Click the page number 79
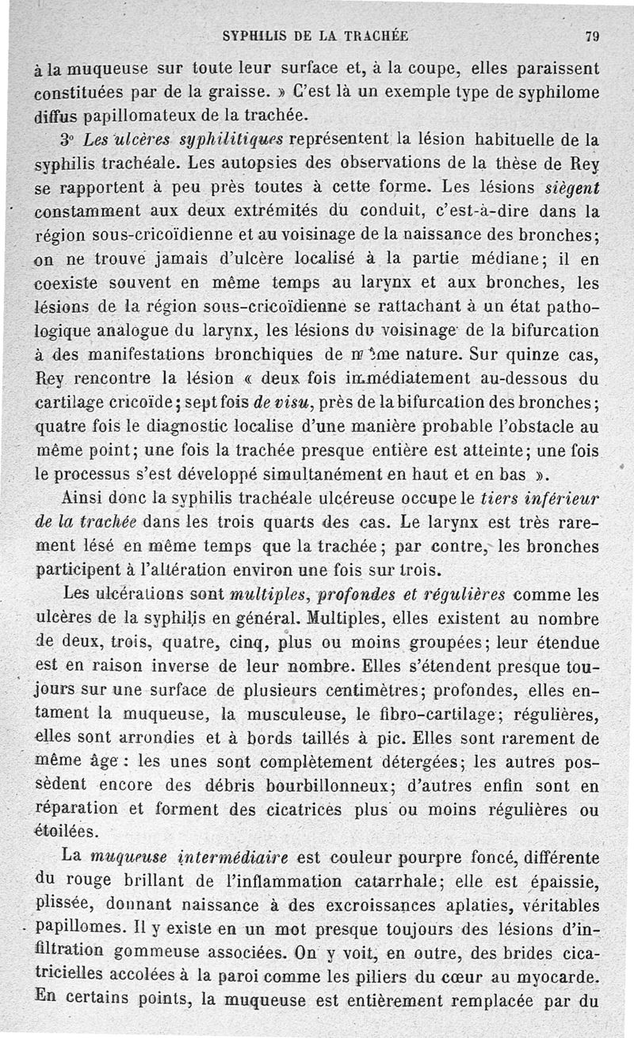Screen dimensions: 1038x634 (x=591, y=35)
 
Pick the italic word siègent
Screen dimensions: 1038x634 (x=568, y=189)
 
